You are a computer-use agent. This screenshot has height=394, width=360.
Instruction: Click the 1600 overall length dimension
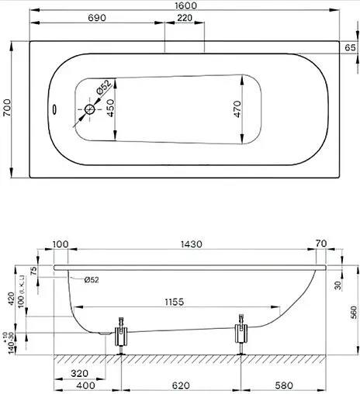click(185, 7)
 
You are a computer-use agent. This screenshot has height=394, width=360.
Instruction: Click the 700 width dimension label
click(8, 109)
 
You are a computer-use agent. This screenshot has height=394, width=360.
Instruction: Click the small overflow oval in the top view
click(54, 109)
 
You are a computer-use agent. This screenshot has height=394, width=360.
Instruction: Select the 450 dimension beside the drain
click(111, 108)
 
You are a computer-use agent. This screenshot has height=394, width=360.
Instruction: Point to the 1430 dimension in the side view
click(192, 244)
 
